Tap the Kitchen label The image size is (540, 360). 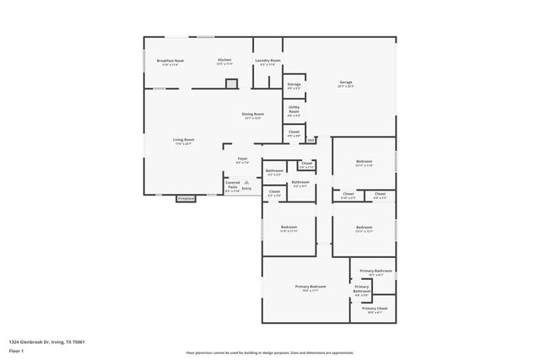click(x=224, y=62)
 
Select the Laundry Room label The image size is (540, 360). click(x=268, y=62)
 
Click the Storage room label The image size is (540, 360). click(x=294, y=86)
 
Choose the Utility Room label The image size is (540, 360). click(x=294, y=110)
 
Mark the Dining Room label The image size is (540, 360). click(x=253, y=116)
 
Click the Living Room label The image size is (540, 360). click(x=184, y=141)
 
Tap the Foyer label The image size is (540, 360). click(x=241, y=160)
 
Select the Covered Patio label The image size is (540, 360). click(x=232, y=185)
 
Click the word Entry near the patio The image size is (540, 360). click(x=246, y=188)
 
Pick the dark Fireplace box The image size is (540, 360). click(x=186, y=199)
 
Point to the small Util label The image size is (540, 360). click(x=310, y=140)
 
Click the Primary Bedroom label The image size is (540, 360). click(x=310, y=287)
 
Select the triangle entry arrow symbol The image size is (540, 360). click(x=246, y=180)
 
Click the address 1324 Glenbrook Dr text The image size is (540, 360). click(x=47, y=341)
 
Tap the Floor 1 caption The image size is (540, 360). click(x=18, y=352)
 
